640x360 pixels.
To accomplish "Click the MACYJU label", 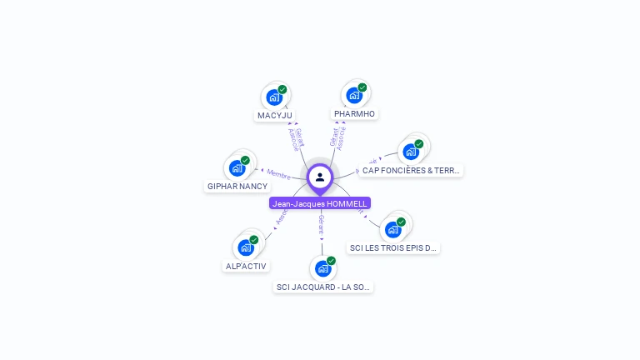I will [275, 115].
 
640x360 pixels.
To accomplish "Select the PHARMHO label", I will [354, 113].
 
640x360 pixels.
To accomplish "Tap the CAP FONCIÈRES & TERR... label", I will [411, 170].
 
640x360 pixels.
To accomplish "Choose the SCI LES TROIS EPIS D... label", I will [393, 247].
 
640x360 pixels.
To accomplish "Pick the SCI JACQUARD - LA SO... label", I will [323, 287].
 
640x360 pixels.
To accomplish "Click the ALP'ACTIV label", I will [246, 266].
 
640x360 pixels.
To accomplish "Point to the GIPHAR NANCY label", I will [237, 186].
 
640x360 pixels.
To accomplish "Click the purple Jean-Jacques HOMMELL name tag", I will [320, 203].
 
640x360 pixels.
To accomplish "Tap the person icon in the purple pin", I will [320, 177].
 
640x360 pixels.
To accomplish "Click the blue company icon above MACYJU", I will [273, 97].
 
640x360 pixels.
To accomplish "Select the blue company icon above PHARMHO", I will [353, 96].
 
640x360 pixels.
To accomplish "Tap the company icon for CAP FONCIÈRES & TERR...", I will [410, 152].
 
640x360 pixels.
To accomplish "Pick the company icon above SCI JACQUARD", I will [322, 269].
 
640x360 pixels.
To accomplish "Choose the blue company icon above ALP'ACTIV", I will [245, 247].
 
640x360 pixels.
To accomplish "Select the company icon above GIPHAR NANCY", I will [237, 168].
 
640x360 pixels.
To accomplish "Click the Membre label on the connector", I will [279, 173].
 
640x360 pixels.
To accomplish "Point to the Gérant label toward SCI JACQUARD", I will [321, 223].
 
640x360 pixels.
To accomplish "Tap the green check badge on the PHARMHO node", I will [362, 87].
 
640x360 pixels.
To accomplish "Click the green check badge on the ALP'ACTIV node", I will [254, 240].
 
